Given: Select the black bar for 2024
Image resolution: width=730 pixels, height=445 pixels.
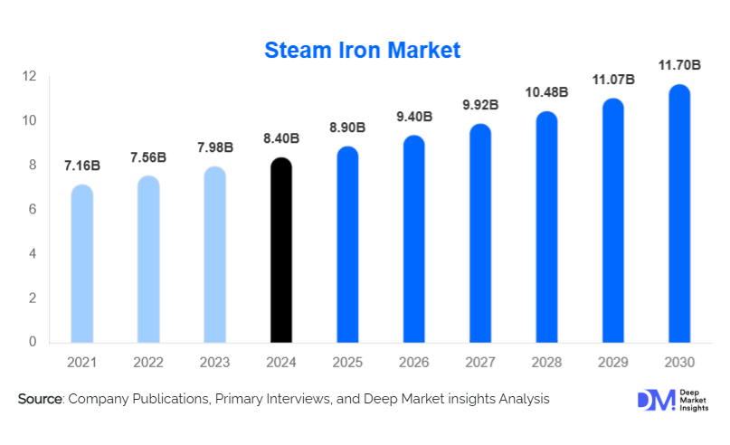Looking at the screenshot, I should coord(282,251).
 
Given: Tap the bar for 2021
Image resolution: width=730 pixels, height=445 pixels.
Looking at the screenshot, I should coord(82,264).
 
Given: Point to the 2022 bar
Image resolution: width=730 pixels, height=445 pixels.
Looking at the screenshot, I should coord(148,260).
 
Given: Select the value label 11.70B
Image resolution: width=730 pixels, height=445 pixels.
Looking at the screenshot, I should coord(679,65).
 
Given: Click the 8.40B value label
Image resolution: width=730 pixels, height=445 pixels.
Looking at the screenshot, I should coord(281,138).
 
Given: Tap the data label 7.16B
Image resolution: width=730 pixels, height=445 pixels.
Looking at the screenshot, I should coord(82,166).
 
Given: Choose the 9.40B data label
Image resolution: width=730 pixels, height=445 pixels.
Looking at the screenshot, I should coord(414,117).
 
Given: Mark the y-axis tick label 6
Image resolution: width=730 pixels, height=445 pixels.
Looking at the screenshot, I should coord(32,210).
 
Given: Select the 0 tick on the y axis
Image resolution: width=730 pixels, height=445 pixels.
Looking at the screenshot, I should coord(32,343).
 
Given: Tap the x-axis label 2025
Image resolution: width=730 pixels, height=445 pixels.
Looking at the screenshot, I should coord(348,363).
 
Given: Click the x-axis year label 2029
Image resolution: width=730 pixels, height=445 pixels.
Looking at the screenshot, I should coord(613,363).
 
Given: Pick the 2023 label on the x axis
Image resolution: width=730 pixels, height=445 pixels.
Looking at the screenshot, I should coord(215,363).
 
